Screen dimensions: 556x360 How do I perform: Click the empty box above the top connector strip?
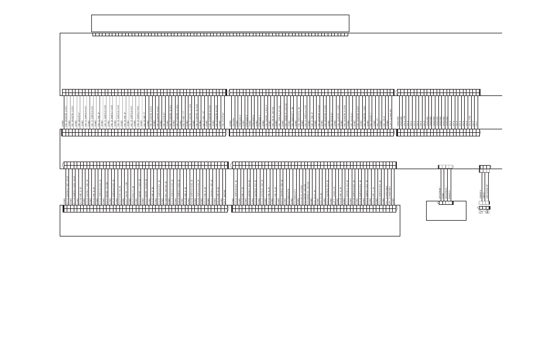220,23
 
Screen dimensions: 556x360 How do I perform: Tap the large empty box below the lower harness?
229,225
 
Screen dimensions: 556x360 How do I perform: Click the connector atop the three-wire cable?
485,168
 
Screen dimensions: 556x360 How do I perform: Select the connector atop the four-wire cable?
446,167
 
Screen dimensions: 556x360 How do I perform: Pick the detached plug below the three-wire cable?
484,209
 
